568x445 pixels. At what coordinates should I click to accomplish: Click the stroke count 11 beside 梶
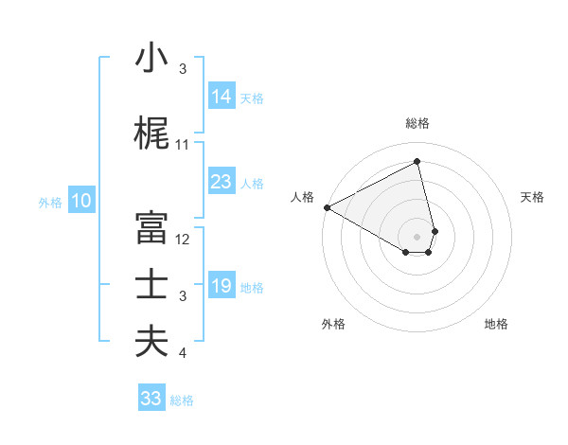(183, 145)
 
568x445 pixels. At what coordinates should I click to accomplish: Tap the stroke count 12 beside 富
(183, 240)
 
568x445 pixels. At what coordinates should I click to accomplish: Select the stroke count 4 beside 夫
(183, 353)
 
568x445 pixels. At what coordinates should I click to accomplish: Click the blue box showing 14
(221, 96)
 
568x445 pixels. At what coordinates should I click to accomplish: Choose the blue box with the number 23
(221, 181)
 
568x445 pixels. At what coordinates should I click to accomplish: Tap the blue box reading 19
(221, 285)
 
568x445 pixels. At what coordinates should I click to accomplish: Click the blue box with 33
(151, 399)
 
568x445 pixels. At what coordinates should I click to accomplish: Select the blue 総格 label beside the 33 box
(182, 400)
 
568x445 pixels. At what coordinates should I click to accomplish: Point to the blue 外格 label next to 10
(50, 202)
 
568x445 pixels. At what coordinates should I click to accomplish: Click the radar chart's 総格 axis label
(417, 123)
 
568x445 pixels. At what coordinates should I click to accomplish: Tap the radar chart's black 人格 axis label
(302, 197)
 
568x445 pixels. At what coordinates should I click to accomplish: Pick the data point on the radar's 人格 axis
(327, 207)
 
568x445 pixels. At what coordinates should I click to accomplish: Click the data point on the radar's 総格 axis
(417, 162)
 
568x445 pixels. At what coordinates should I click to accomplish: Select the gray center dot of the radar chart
(417, 236)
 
